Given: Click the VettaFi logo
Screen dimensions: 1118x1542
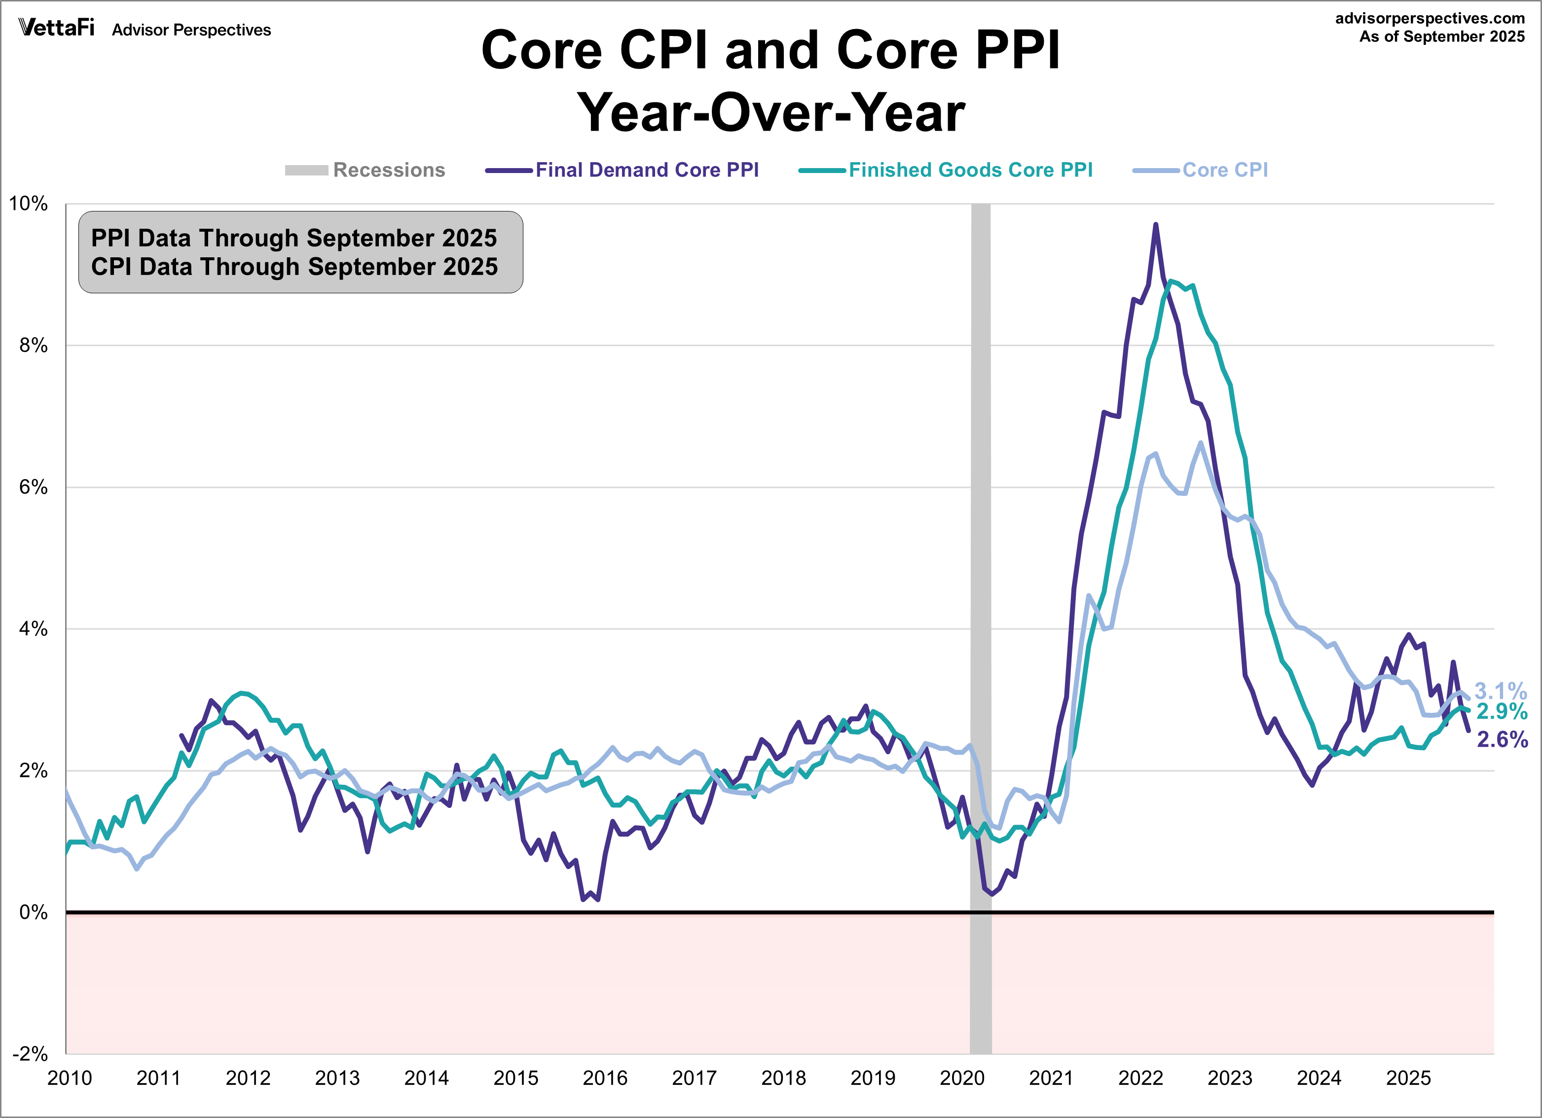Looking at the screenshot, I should pos(56,28).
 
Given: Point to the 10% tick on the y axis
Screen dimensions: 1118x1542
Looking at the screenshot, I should pos(28,204).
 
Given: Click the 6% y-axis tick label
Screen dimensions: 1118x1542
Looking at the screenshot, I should pos(33,488).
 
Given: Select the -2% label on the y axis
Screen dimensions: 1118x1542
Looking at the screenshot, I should pos(31,1054).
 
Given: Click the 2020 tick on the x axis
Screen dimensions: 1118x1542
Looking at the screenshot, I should pos(961,1079).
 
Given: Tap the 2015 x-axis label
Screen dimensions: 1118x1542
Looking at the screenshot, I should pos(515,1079).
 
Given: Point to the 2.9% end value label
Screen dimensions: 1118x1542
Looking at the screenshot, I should pos(1502,712).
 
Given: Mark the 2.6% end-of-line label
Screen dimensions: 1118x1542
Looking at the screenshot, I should pos(1503,739).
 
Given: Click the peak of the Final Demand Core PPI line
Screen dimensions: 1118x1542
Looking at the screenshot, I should pos(1155,224).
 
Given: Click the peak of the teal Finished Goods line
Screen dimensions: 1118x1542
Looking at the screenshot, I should pos(1170,280).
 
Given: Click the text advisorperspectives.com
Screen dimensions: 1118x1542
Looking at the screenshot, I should pos(1430,18).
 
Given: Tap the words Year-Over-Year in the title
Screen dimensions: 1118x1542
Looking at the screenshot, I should pos(771,113).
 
